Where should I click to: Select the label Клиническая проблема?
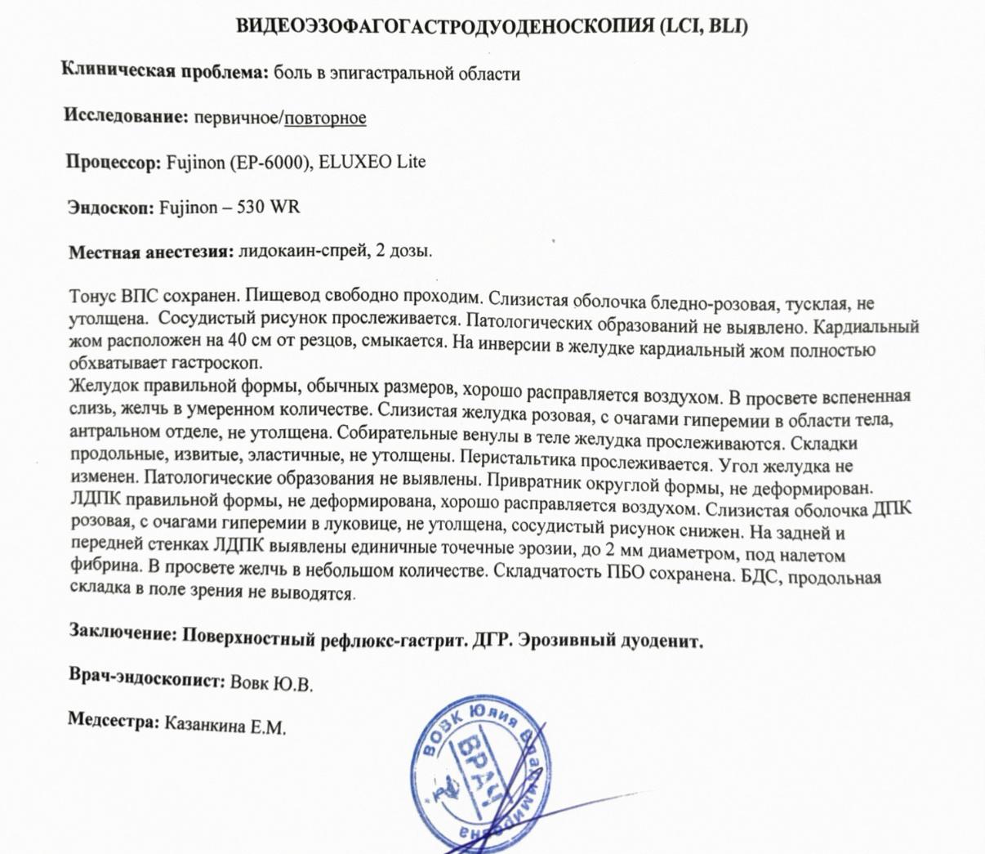[165, 72]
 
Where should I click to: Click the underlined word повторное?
[325, 118]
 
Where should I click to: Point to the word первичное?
[237, 118]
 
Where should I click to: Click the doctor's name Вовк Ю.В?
[272, 682]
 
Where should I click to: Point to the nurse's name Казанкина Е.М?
[225, 725]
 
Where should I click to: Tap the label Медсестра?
[113, 721]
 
